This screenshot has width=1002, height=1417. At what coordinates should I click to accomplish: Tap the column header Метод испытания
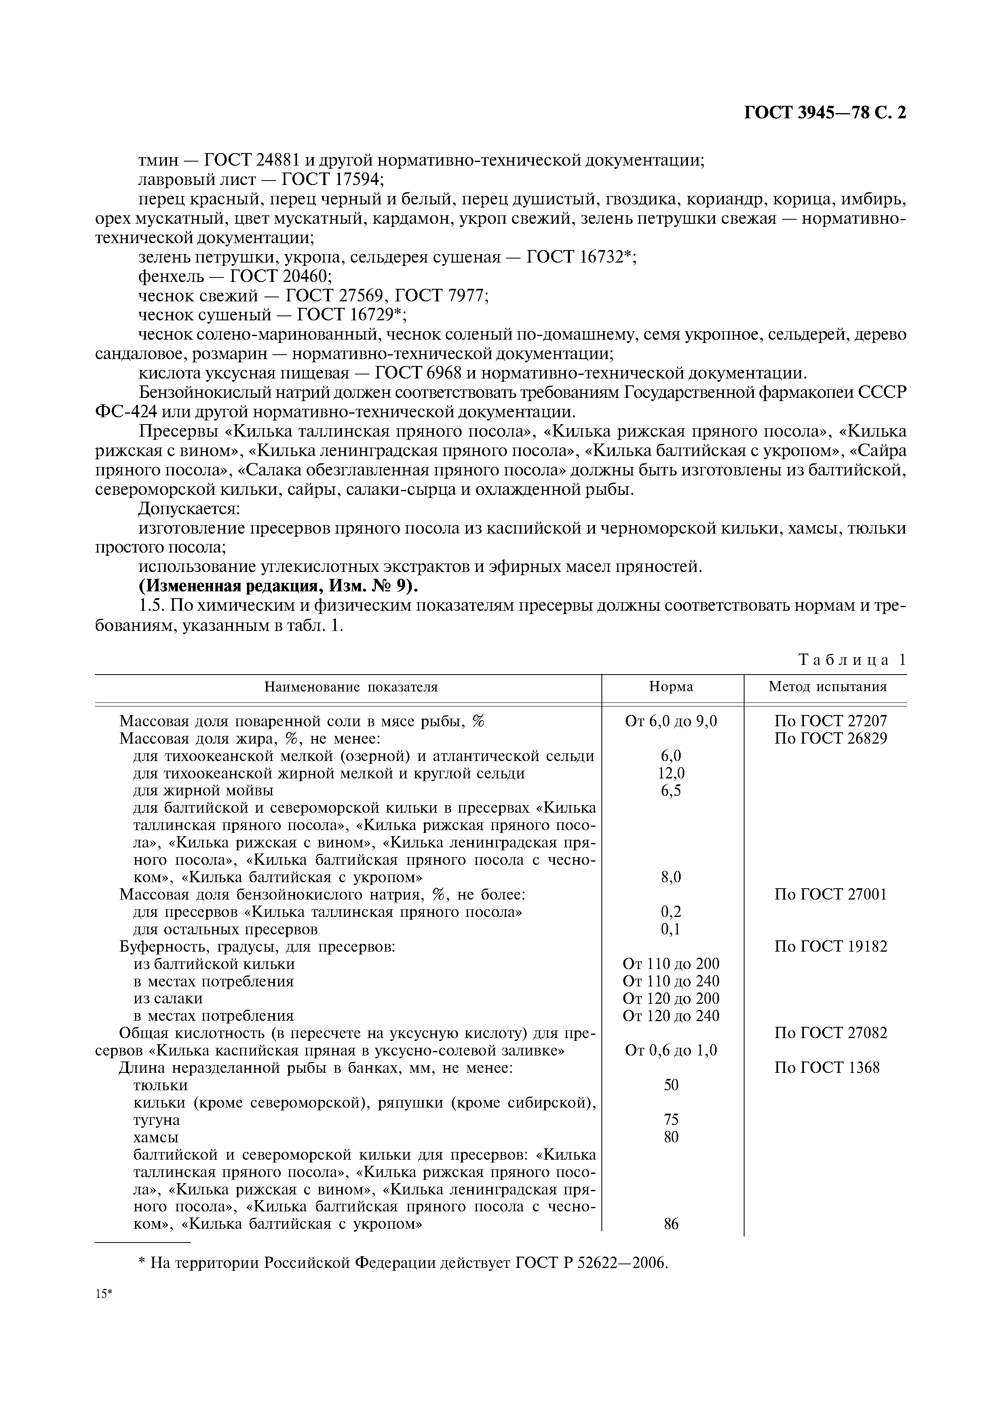(827, 687)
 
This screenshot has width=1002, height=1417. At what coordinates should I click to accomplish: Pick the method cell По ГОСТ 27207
(830, 721)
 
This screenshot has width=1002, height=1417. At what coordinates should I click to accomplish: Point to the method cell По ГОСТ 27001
(830, 894)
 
